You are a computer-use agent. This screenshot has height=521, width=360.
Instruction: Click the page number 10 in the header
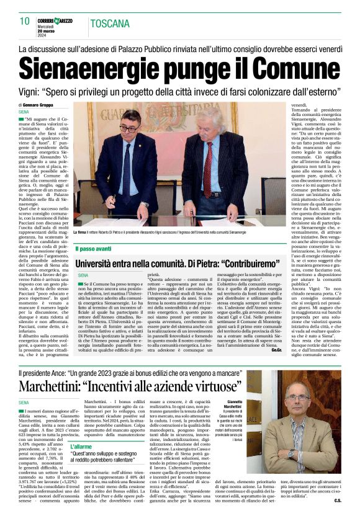(x=24, y=20)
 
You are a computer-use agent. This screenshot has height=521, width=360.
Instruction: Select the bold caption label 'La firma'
(x=81, y=232)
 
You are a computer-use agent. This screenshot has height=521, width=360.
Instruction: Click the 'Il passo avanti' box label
(x=94, y=249)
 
